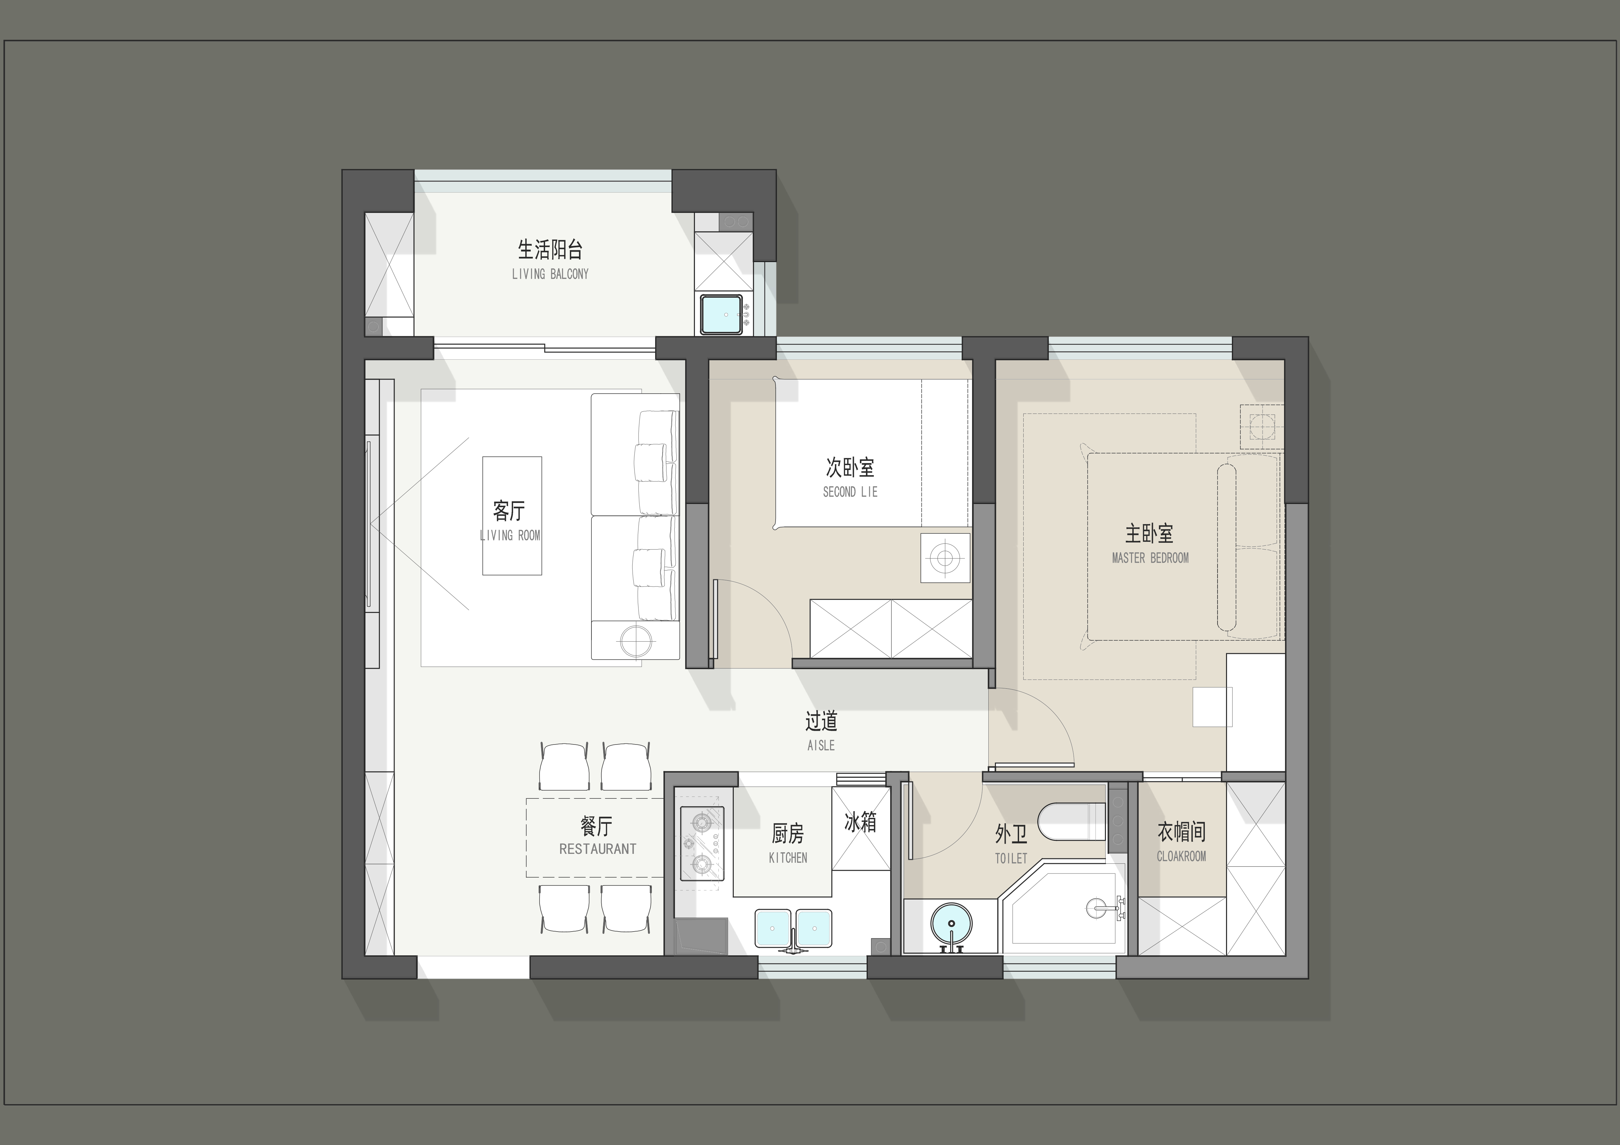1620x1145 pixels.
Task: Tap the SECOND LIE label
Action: [x=850, y=492]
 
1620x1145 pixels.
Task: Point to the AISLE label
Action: [x=821, y=745]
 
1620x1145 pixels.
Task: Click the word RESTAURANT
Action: [x=598, y=849]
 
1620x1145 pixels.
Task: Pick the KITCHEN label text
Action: [x=788, y=858]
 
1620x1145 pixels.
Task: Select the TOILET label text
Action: [x=1011, y=858]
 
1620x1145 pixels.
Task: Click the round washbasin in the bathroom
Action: [x=951, y=923]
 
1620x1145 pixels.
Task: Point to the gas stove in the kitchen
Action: [x=702, y=843]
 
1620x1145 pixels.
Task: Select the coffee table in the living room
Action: [x=512, y=516]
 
